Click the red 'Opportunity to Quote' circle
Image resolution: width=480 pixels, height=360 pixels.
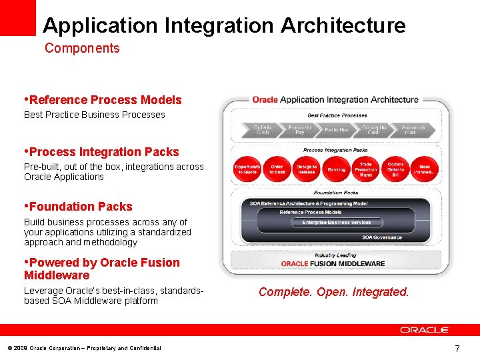click(x=247, y=169)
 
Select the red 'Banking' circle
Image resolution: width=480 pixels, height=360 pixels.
click(x=337, y=169)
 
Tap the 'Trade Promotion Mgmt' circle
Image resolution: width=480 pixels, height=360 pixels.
click(x=366, y=169)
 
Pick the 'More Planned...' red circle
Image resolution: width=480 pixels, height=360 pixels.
click(x=425, y=169)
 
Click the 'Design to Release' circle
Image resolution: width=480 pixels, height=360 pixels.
click(x=307, y=169)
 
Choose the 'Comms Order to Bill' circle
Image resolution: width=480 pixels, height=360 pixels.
click(x=395, y=169)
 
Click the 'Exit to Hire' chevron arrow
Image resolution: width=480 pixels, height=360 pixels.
click(x=337, y=129)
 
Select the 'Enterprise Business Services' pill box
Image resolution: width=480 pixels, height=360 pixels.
click(x=336, y=222)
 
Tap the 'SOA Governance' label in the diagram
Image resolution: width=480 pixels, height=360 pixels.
click(x=382, y=237)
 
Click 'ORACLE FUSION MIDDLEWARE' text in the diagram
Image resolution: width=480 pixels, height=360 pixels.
click(x=333, y=263)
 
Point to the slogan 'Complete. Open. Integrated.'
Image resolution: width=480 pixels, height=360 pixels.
click(x=333, y=292)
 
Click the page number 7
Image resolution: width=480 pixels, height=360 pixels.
click(x=457, y=348)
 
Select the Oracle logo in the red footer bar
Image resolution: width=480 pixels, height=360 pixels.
click(x=425, y=329)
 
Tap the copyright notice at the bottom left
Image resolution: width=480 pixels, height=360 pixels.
click(x=84, y=348)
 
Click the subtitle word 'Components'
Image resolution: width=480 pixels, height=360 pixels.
click(x=82, y=48)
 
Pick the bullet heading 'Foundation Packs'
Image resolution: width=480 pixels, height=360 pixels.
click(x=80, y=207)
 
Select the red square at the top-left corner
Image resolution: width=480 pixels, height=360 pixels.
click(x=18, y=17)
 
